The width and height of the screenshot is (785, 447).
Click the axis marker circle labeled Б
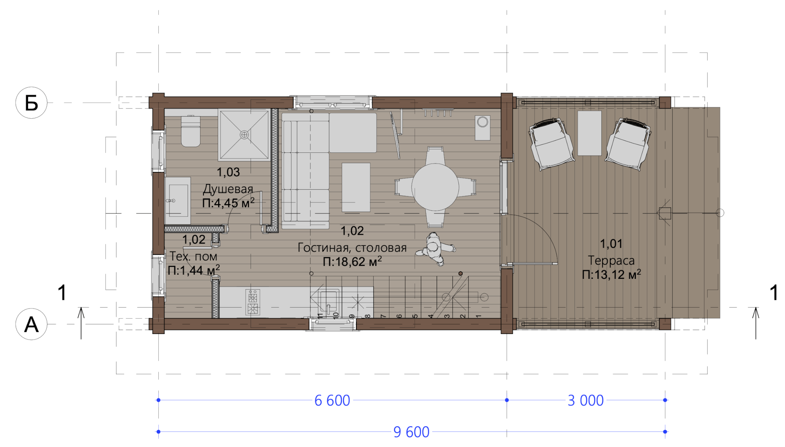31,103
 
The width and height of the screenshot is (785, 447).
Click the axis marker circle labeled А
31,324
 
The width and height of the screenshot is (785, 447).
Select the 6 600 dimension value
332,400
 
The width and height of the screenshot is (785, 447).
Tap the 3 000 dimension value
586,400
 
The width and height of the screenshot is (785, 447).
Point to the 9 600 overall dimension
411,432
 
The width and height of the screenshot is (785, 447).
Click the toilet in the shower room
191,131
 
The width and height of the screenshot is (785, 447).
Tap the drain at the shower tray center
244,135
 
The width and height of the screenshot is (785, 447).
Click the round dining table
435,187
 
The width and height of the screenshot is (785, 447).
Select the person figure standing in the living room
435,249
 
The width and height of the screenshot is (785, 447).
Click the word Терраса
611,260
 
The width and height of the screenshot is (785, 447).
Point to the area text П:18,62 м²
352,262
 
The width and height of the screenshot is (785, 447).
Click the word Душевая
228,189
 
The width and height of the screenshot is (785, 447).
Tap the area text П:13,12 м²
611,274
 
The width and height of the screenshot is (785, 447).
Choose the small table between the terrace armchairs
590,133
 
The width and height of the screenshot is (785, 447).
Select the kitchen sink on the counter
328,301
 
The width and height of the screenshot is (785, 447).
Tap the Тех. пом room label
193,256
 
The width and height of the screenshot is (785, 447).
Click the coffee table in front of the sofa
356,187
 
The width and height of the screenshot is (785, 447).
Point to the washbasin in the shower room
178,200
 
